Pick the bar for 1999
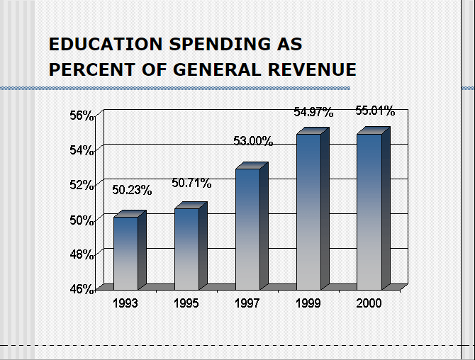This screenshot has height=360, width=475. pos(309,211)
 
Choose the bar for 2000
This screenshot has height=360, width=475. pos(369,211)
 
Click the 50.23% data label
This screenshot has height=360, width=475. pos(132,190)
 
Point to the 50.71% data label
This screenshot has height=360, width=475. pos(191,184)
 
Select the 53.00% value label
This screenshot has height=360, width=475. pos(253,141)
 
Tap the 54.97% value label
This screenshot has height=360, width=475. pos(313,112)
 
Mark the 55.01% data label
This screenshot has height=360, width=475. pos(375,111)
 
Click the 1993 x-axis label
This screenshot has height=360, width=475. pos(125,303)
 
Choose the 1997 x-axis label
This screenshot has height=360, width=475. pos(247,303)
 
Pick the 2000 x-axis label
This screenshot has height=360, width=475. pos(369,303)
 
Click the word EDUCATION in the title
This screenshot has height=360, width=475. pos(105,45)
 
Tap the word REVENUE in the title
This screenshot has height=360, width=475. pos(313,69)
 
